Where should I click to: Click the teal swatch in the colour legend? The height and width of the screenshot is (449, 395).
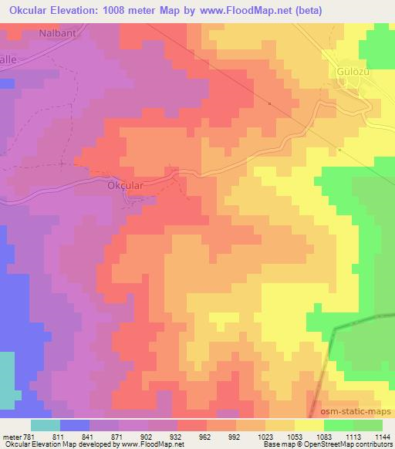point(46,425)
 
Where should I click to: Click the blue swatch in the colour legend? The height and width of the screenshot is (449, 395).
point(74,425)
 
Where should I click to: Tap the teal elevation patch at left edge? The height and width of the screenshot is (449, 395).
point(8,378)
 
